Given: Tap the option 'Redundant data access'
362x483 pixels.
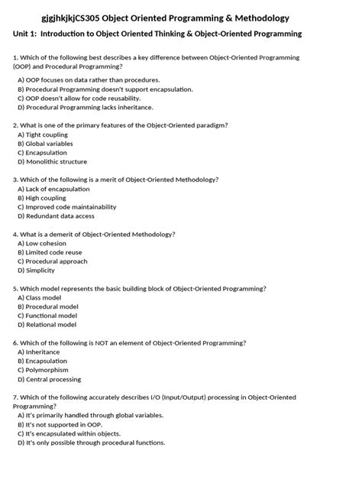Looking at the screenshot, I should [x=60, y=216].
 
